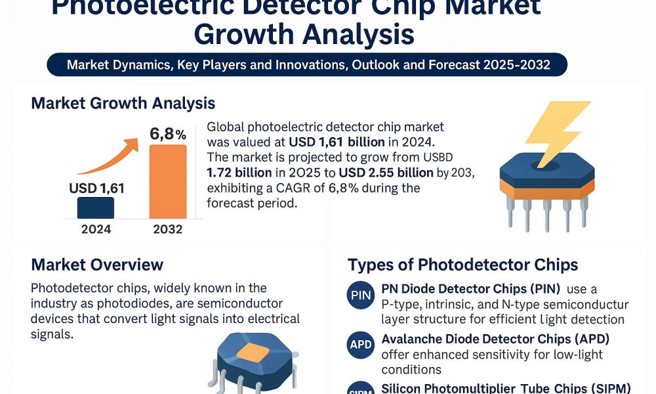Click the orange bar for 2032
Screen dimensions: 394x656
click(168, 181)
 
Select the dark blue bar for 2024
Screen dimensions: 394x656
click(96, 208)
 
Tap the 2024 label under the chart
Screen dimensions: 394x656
click(96, 229)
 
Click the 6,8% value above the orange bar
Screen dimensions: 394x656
click(168, 134)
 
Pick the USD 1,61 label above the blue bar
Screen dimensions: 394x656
click(96, 189)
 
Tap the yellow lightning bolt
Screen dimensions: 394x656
click(558, 135)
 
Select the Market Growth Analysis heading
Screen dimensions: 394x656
click(123, 103)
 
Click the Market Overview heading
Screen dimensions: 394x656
click(97, 265)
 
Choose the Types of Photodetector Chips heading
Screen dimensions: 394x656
click(463, 265)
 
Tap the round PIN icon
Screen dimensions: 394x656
click(361, 295)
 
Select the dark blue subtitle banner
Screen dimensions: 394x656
click(307, 65)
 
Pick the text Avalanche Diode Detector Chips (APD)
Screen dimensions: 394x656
click(495, 339)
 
